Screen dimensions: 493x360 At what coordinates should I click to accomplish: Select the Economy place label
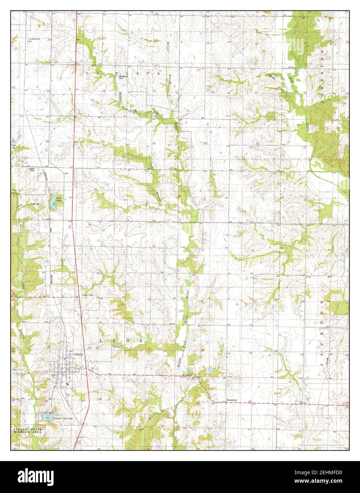(x=232, y=400)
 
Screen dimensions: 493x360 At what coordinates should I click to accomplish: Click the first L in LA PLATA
(x=88, y=73)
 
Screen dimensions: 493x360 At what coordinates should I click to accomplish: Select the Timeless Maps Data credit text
(x=321, y=444)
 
